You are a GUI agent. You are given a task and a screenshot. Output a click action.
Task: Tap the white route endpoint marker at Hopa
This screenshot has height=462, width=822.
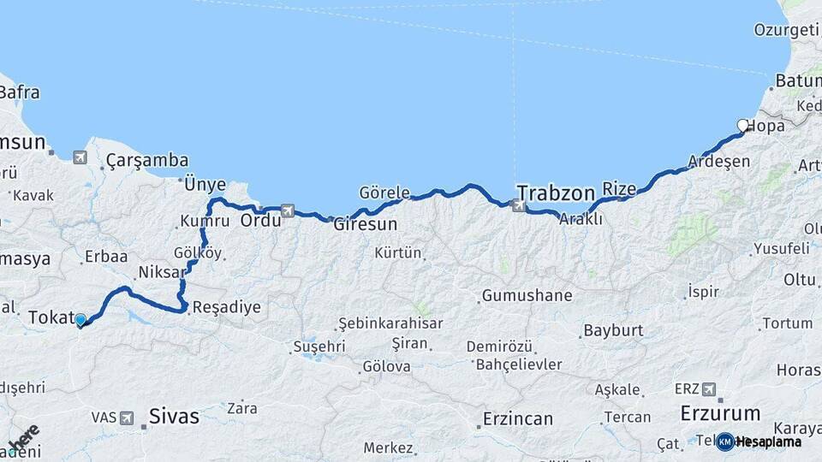pyautogui.click(x=743, y=126)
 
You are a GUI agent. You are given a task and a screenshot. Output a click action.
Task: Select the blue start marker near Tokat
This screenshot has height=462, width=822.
pyautogui.click(x=80, y=320)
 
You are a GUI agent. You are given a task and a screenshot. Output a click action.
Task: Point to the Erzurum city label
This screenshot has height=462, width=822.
pyautogui.click(x=720, y=413)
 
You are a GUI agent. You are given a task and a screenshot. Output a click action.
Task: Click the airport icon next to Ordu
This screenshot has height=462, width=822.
pyautogui.click(x=287, y=210)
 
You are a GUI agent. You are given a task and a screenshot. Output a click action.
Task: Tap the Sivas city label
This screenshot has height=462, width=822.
pyautogui.click(x=174, y=417)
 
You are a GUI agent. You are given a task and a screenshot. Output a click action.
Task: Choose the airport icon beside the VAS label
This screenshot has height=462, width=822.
pyautogui.click(x=127, y=418)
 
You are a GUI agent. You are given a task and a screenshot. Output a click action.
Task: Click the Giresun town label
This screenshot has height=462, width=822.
pyautogui.click(x=365, y=225)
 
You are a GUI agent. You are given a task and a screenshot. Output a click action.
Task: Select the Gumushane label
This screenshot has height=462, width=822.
pyautogui.click(x=527, y=296)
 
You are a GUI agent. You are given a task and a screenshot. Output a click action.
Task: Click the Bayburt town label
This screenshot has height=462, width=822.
pyautogui.click(x=613, y=330)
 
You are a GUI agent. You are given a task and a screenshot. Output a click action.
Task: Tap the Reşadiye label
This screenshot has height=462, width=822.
pyautogui.click(x=227, y=307)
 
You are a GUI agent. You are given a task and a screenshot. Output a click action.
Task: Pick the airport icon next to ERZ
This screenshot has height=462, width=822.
pyautogui.click(x=709, y=389)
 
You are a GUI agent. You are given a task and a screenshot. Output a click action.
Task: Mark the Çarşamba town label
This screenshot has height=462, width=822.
pyautogui.click(x=147, y=160)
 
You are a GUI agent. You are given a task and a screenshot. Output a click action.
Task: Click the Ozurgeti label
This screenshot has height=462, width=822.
pyautogui.click(x=785, y=30)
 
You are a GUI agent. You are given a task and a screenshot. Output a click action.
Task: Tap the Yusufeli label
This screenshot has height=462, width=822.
pyautogui.click(x=781, y=249)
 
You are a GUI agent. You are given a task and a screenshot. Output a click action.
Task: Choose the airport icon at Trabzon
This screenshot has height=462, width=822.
pyautogui.click(x=516, y=205)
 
